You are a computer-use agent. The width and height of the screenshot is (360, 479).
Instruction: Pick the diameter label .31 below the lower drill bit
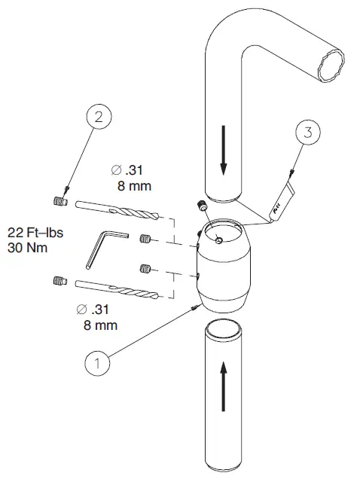(95, 310)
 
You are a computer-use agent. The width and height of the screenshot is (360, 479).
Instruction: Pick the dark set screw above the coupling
(200, 206)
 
